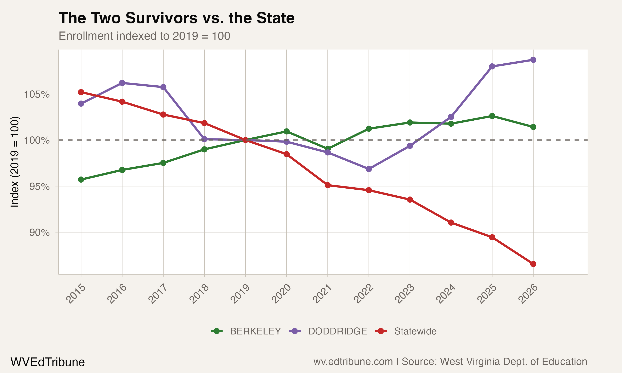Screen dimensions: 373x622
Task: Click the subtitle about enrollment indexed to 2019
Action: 144,36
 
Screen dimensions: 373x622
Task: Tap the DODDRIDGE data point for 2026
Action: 533,60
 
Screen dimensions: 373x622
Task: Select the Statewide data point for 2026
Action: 533,264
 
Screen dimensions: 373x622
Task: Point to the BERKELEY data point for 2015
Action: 81,179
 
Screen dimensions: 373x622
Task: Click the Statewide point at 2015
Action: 81,92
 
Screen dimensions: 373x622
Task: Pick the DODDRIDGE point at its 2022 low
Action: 369,169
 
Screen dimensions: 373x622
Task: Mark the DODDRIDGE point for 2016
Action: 122,83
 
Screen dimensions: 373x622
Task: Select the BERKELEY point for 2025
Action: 492,116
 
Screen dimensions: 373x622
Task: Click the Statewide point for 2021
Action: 328,185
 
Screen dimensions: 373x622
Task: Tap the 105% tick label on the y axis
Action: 37,94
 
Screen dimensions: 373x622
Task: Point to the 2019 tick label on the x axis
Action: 240,294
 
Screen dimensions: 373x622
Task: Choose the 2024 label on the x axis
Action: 446,294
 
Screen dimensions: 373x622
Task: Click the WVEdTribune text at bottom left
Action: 47,362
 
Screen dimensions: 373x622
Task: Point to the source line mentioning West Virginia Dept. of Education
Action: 450,362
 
